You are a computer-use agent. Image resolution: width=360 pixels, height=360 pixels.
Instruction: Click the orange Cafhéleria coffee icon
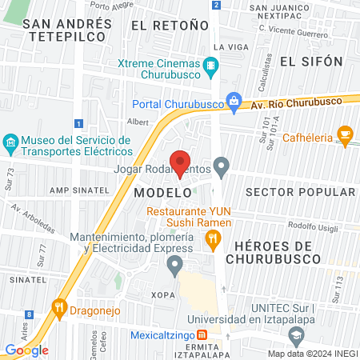click(346, 133)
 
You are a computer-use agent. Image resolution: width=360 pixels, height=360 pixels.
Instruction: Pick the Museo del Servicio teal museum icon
click(10, 145)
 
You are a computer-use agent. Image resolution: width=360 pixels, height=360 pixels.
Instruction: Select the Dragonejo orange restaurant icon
click(58, 306)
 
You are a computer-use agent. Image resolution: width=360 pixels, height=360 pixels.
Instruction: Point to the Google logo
click(26, 350)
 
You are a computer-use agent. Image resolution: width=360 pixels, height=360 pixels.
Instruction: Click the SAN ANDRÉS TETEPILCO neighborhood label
click(70, 30)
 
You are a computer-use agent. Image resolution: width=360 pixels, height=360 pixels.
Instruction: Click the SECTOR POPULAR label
click(300, 192)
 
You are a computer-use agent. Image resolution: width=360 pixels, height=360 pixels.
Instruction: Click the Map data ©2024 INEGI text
click(311, 353)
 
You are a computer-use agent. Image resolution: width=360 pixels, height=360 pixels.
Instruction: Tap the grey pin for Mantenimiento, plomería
click(178, 266)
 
